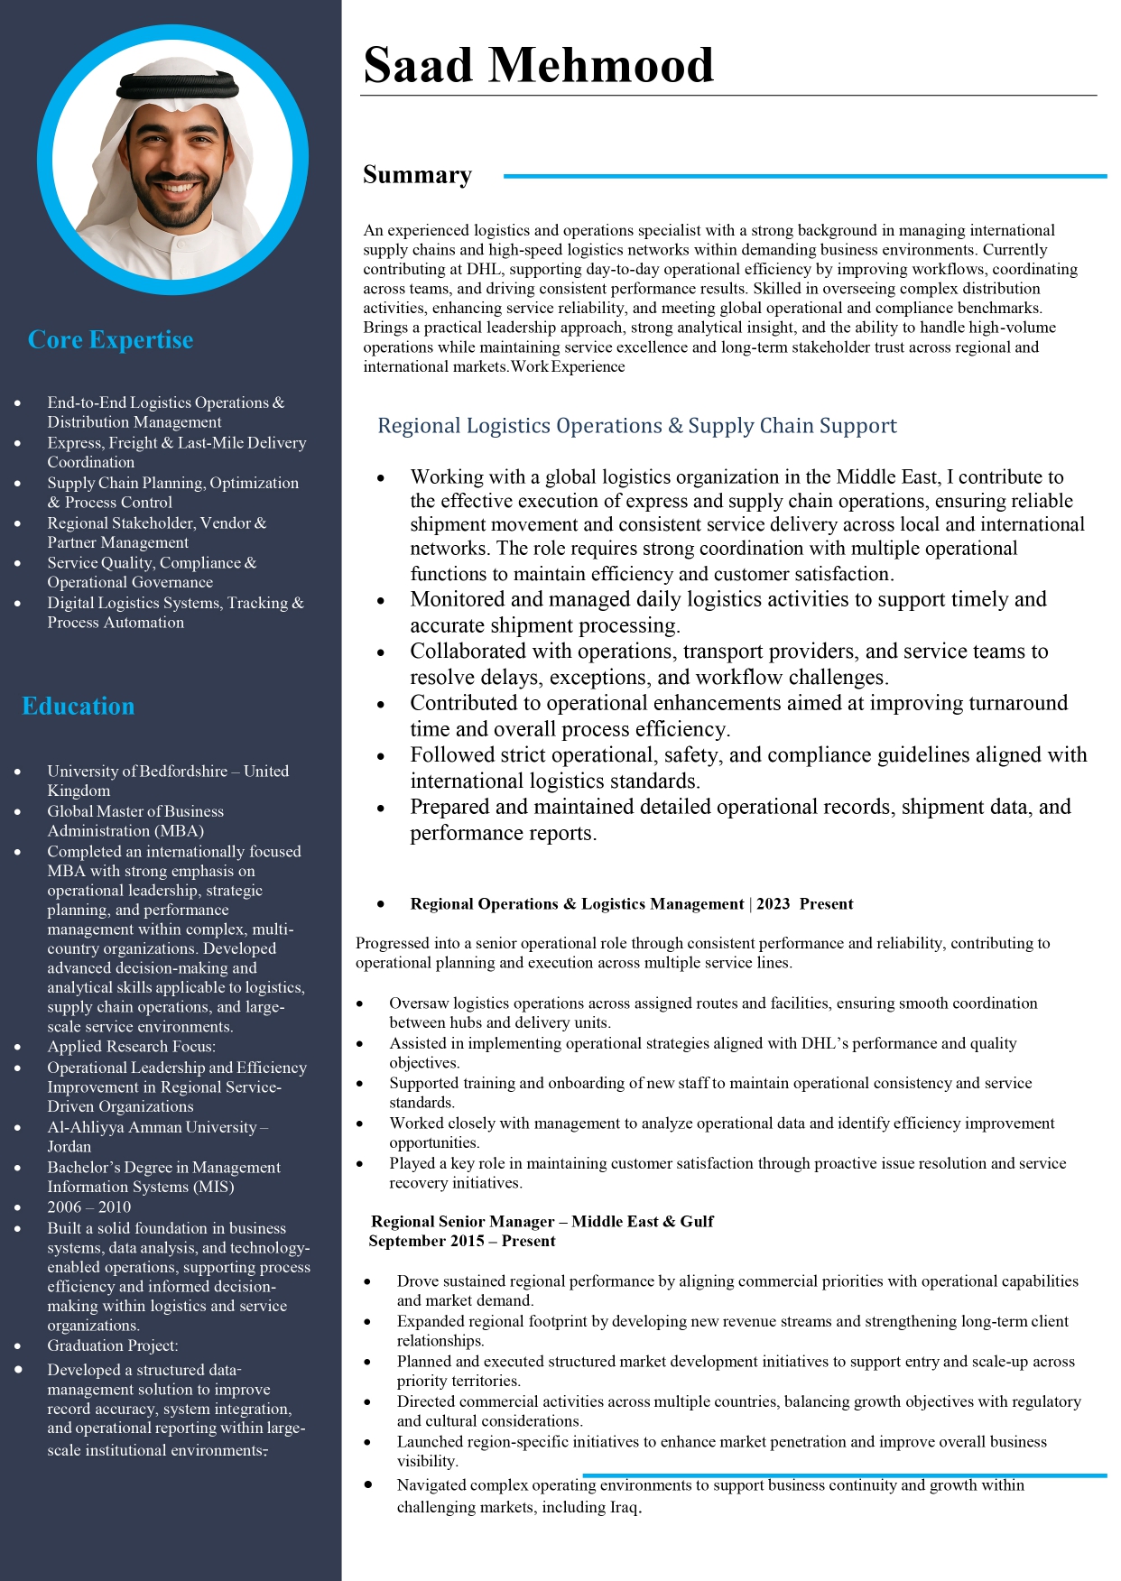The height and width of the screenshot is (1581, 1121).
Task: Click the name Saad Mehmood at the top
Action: tap(538, 66)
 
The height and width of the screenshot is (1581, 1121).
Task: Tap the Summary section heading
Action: tap(417, 175)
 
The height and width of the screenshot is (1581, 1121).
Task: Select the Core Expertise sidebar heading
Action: tap(110, 340)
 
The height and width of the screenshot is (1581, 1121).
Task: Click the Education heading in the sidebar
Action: tap(79, 707)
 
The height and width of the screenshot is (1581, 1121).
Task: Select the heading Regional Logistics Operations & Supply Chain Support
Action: tap(636, 426)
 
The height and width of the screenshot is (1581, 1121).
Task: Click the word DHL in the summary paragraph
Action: tap(484, 269)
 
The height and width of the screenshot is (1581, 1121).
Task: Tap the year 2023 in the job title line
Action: tap(773, 904)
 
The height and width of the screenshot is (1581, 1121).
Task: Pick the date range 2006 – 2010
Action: tap(89, 1207)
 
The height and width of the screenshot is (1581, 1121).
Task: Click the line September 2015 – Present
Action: tap(462, 1242)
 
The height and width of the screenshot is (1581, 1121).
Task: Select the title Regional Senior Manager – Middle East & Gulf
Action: tap(542, 1222)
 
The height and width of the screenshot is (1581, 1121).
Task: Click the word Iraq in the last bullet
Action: tap(617, 1507)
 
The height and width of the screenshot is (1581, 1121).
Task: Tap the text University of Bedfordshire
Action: tap(137, 772)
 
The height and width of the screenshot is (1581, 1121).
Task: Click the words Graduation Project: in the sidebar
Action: tap(113, 1345)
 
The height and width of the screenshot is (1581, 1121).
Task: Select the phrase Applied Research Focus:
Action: tap(132, 1047)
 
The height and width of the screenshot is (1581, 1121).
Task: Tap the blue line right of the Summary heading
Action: tap(804, 177)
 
